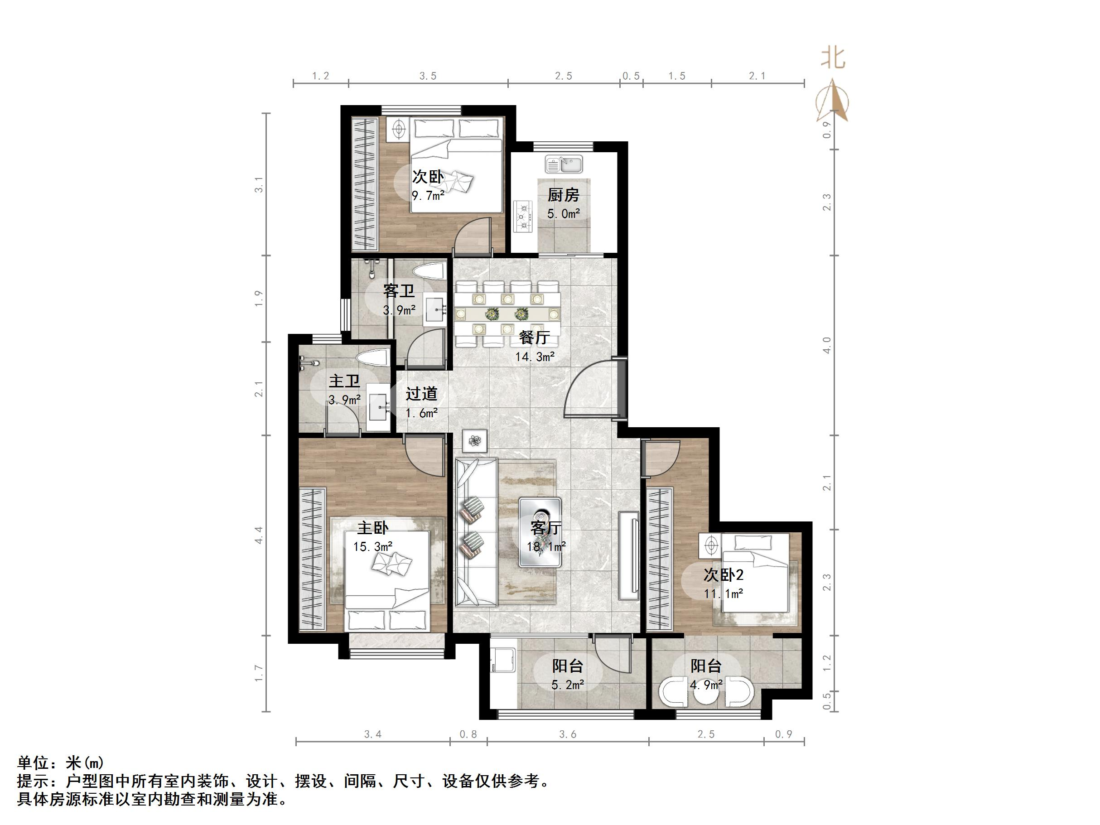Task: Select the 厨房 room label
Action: [563, 195]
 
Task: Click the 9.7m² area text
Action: [428, 195]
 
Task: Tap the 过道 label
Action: [421, 394]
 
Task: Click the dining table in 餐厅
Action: [507, 314]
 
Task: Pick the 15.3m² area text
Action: [372, 546]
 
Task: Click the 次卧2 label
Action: [723, 575]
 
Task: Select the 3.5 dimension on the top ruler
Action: [428, 76]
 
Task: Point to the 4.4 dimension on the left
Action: [258, 535]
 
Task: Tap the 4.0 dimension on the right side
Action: [827, 345]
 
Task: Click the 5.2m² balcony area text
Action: [567, 685]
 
